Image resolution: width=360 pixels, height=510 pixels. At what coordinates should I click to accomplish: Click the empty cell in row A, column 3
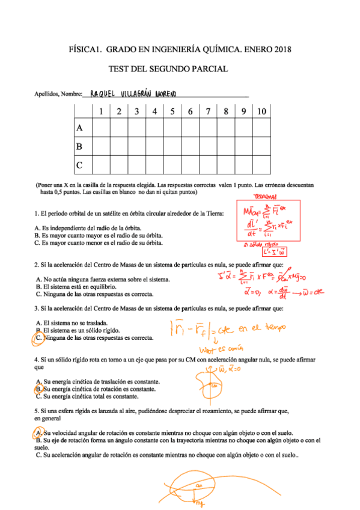click(x=137, y=127)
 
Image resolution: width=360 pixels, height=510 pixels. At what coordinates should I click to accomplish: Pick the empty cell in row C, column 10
click(x=262, y=164)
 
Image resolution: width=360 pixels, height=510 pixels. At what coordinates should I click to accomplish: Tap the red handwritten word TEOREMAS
click(x=266, y=197)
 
